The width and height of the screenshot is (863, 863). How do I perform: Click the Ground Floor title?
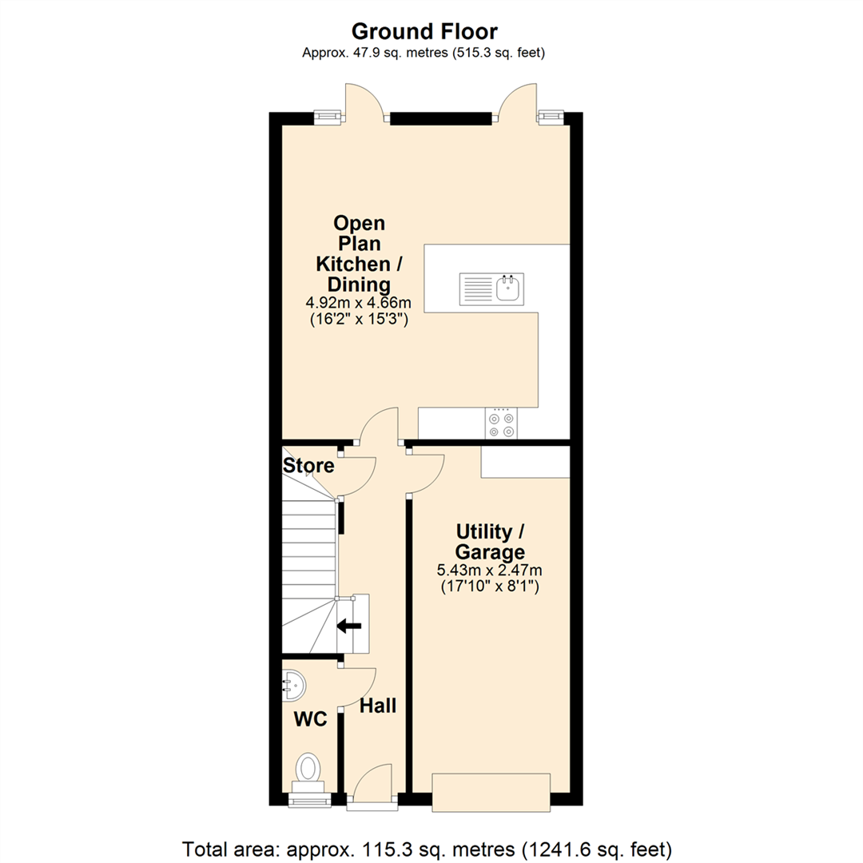click(x=424, y=31)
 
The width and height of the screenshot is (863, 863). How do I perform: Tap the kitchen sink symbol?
click(x=491, y=289)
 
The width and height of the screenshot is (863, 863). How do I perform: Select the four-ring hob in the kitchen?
click(x=501, y=424)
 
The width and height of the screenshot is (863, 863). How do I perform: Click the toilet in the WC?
click(x=308, y=769)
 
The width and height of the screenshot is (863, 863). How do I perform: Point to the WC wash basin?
click(x=293, y=686)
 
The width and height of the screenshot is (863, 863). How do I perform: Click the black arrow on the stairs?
click(x=349, y=626)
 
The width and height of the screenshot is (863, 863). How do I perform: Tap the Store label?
click(x=308, y=466)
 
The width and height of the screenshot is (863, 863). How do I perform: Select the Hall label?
click(x=378, y=706)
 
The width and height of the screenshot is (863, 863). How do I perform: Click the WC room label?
click(x=310, y=719)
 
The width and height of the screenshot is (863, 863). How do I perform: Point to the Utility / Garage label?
click(x=490, y=542)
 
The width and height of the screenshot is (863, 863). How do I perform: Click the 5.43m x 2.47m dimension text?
click(x=489, y=571)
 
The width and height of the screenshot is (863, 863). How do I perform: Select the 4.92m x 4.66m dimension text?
click(x=358, y=303)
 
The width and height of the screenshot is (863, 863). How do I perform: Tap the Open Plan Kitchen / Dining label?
click(x=359, y=254)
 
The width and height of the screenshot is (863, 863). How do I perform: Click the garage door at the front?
click(x=491, y=792)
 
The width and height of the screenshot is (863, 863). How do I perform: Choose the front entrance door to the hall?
click(x=372, y=784)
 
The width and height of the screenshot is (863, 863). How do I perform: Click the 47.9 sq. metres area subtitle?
click(x=424, y=53)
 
